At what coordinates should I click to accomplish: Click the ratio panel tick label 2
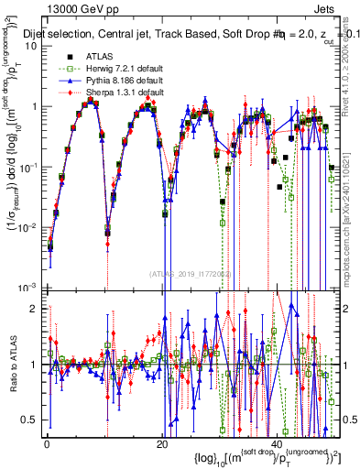pyautogui.click(x=33, y=308)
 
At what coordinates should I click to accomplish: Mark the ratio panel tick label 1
pyautogui.click(x=33, y=365)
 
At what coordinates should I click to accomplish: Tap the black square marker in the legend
pyautogui.click(x=58, y=56)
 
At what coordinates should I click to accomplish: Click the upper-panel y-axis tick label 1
pyautogui.click(x=33, y=107)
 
